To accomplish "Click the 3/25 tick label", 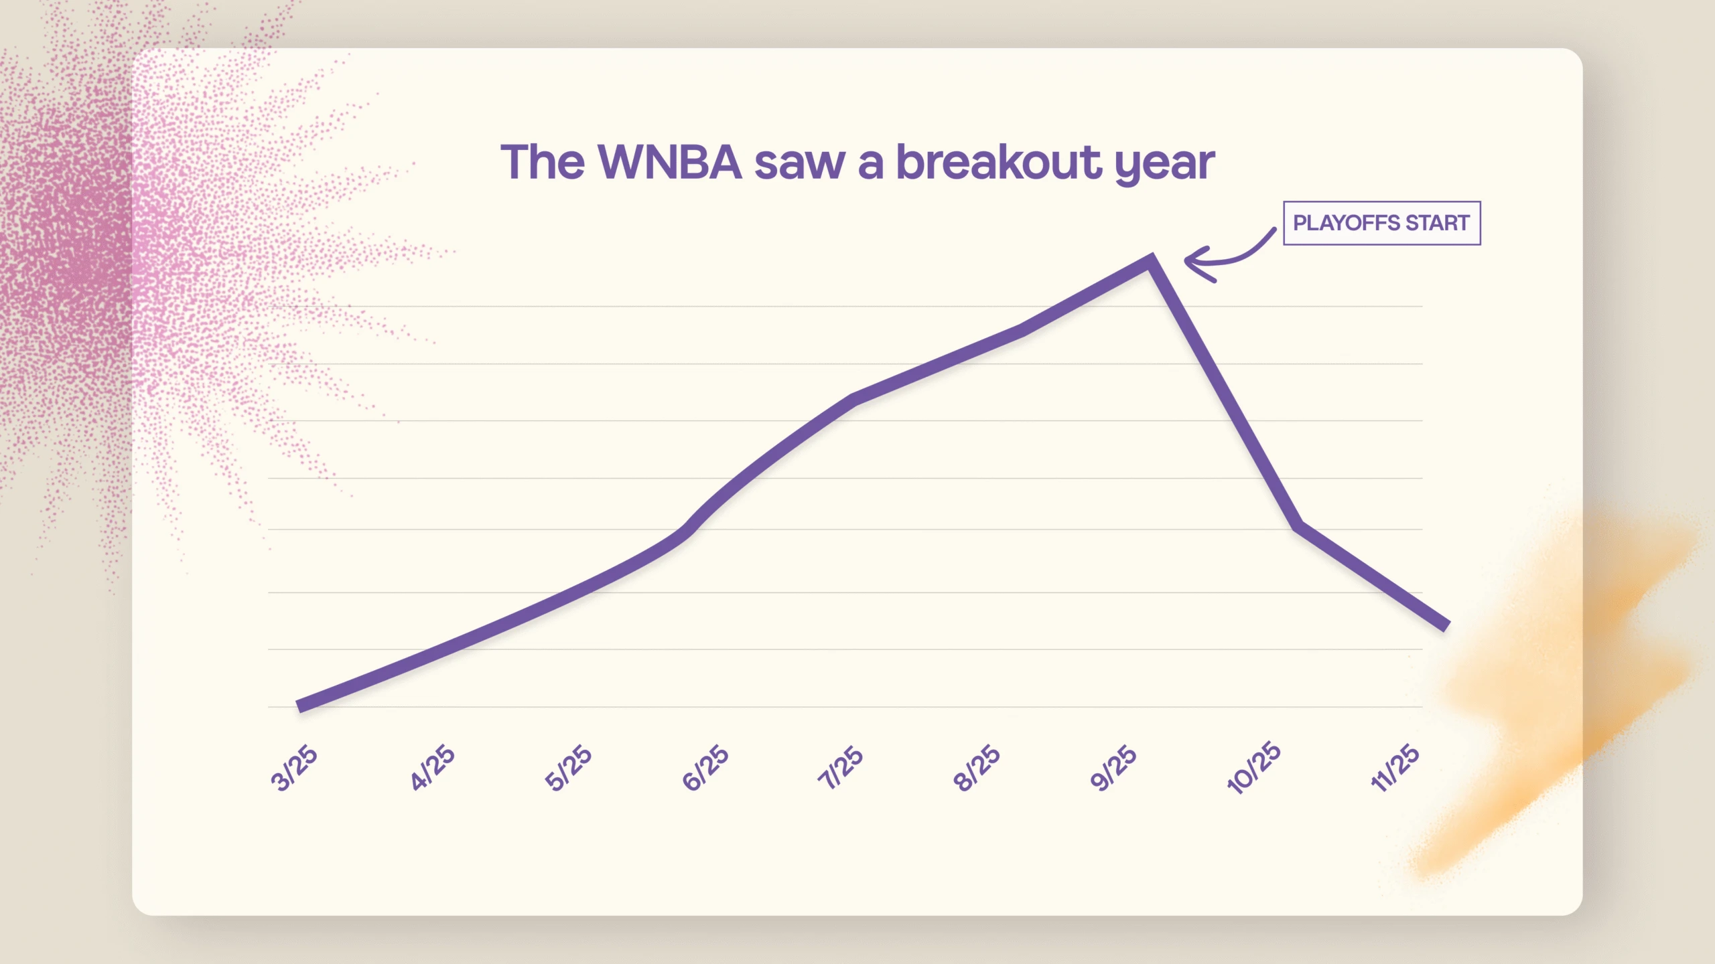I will pyautogui.click(x=294, y=768).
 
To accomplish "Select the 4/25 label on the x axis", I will pyautogui.click(x=432, y=768).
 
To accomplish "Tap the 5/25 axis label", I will pyautogui.click(x=568, y=768).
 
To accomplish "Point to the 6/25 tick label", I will pyautogui.click(x=705, y=768).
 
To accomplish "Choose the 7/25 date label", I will pyautogui.click(x=840, y=768).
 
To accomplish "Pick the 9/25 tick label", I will pyautogui.click(x=1113, y=768).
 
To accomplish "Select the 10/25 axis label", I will pyautogui.click(x=1253, y=768).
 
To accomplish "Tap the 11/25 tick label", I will pyautogui.click(x=1394, y=768).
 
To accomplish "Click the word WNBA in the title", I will pyautogui.click(x=669, y=163).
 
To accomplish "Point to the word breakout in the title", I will pyautogui.click(x=998, y=163).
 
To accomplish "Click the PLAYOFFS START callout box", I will pyautogui.click(x=1381, y=223).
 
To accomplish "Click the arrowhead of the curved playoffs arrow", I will pyautogui.click(x=1188, y=260).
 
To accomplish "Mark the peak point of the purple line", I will pyautogui.click(x=1151, y=260).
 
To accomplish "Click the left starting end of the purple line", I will pyautogui.click(x=299, y=706).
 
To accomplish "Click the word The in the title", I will pyautogui.click(x=542, y=163).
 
